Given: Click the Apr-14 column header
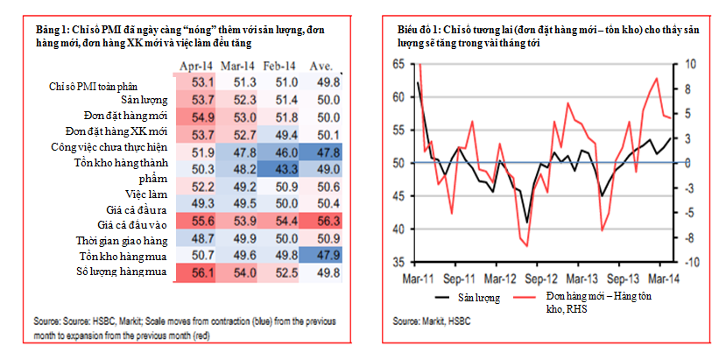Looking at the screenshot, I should coord(196,66).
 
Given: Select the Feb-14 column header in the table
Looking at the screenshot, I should coord(280,66).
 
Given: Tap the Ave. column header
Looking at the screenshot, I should coord(320,66).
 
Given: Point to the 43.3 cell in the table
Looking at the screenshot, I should coord(282,167).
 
